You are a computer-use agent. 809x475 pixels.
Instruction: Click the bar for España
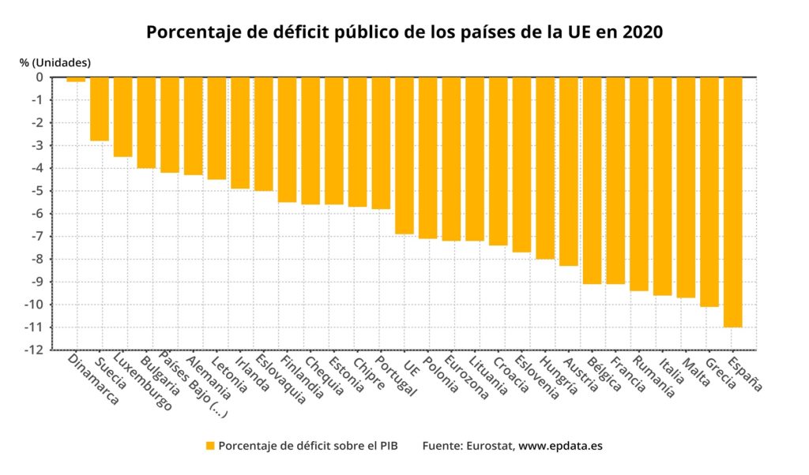coord(732,201)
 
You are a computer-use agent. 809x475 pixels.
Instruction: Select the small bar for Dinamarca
coord(76,80)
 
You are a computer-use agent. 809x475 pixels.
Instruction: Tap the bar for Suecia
coord(100,109)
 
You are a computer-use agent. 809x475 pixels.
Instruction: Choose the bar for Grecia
coord(709,191)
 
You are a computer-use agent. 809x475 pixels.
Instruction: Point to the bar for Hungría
coord(545,167)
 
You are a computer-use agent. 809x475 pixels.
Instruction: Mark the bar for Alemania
coord(194,125)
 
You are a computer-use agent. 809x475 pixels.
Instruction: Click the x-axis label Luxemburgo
coord(144,383)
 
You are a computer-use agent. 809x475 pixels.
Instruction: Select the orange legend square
coord(210,446)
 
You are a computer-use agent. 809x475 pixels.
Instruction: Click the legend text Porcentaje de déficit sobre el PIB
coord(307,446)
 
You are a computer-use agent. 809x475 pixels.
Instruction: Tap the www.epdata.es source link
coord(560,446)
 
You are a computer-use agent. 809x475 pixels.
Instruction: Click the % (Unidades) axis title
coord(55,62)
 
